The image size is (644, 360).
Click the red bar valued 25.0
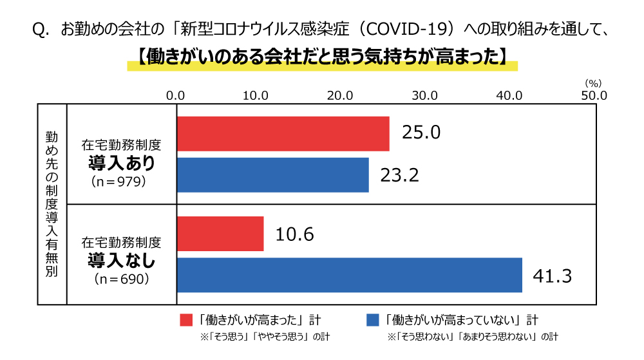(283, 133)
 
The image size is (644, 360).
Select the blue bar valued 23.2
(273, 175)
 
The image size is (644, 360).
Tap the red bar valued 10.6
(220, 233)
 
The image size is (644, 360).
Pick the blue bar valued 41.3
(350, 274)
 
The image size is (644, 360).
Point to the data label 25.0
(421, 133)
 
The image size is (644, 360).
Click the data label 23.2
(399, 175)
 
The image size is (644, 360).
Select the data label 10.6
(294, 234)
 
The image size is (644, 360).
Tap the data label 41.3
(553, 276)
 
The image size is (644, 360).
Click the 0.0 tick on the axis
(176, 95)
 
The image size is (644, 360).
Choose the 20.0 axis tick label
(341, 95)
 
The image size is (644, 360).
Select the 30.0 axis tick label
(425, 95)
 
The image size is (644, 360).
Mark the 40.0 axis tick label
(509, 95)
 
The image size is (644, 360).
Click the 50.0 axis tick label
(594, 95)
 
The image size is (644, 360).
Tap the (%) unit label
(593, 83)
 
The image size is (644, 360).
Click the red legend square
(186, 320)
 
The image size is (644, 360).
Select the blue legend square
(372, 320)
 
